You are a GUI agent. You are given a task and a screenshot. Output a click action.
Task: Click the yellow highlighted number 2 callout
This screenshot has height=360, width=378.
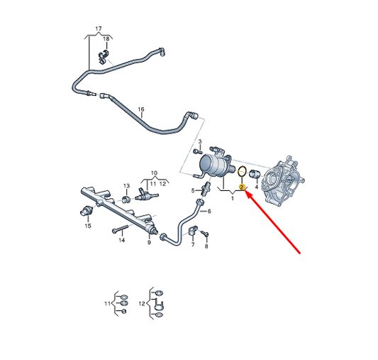242,187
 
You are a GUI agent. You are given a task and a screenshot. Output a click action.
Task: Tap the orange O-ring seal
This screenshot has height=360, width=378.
238,172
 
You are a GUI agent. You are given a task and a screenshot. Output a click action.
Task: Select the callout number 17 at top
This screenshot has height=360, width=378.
99,28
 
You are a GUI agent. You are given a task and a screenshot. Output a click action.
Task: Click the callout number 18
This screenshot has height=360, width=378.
106,39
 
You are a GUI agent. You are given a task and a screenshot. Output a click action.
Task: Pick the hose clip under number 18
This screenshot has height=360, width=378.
103,58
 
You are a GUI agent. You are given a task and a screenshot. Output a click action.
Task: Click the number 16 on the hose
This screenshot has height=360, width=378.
141,109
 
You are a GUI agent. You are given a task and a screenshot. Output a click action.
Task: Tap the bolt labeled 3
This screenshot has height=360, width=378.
198,152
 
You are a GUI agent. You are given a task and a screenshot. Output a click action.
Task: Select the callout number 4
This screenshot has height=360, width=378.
257,187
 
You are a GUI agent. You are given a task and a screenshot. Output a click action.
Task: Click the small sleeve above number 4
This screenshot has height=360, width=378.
254,173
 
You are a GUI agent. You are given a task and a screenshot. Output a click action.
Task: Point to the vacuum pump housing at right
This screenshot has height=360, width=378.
283,181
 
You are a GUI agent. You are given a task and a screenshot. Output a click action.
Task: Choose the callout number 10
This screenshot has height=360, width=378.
154,173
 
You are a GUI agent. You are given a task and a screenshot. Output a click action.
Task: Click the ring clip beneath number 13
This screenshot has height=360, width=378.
126,200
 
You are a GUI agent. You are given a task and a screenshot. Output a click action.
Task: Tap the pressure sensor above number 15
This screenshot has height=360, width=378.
85,211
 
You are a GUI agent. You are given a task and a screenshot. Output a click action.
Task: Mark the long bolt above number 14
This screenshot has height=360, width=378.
120,229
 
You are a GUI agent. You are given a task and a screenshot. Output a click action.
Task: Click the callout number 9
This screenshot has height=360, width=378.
149,242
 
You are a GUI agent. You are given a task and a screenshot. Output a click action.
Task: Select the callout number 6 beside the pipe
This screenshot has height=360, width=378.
209,211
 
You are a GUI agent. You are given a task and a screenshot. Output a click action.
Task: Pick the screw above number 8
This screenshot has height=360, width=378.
204,234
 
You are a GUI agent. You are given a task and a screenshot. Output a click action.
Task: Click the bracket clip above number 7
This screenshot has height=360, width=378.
193,230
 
